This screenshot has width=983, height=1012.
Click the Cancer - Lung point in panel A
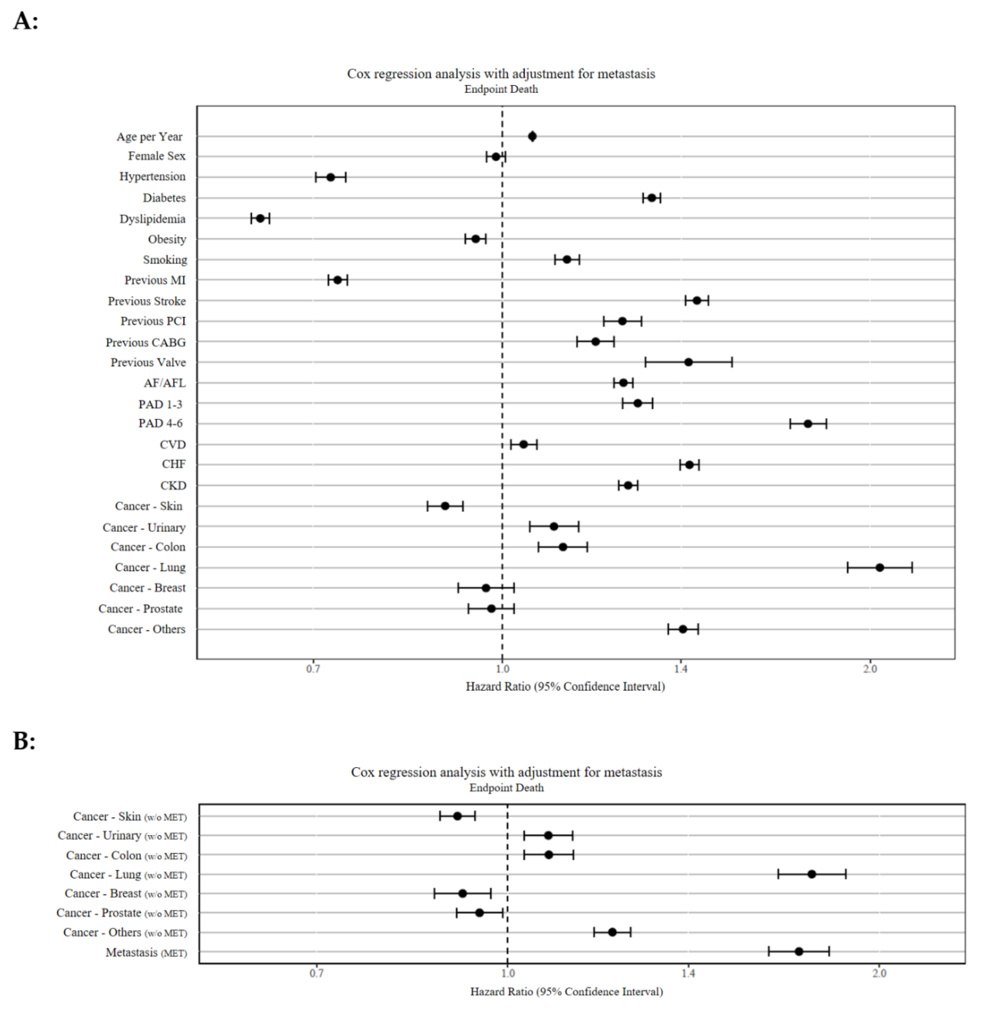click(x=880, y=568)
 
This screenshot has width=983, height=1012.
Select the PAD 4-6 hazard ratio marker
click(x=808, y=423)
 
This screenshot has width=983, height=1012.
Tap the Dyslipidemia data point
click(x=260, y=218)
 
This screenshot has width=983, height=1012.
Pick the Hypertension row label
click(x=152, y=177)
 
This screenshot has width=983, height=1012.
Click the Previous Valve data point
click(x=688, y=362)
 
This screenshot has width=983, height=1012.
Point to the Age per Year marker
click(x=532, y=136)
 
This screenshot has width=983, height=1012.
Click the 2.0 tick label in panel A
click(x=870, y=669)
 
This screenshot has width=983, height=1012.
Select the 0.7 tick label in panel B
click(x=317, y=973)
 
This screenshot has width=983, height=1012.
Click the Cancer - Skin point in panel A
click(x=445, y=505)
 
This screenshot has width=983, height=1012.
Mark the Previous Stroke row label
click(x=147, y=301)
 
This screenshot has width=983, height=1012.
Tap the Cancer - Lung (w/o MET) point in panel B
click(x=812, y=874)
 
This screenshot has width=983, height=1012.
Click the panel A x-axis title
click(x=565, y=687)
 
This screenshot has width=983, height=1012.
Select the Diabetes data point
click(x=652, y=198)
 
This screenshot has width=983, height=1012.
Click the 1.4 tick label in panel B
click(x=688, y=973)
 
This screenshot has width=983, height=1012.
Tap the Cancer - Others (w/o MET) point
click(x=612, y=932)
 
